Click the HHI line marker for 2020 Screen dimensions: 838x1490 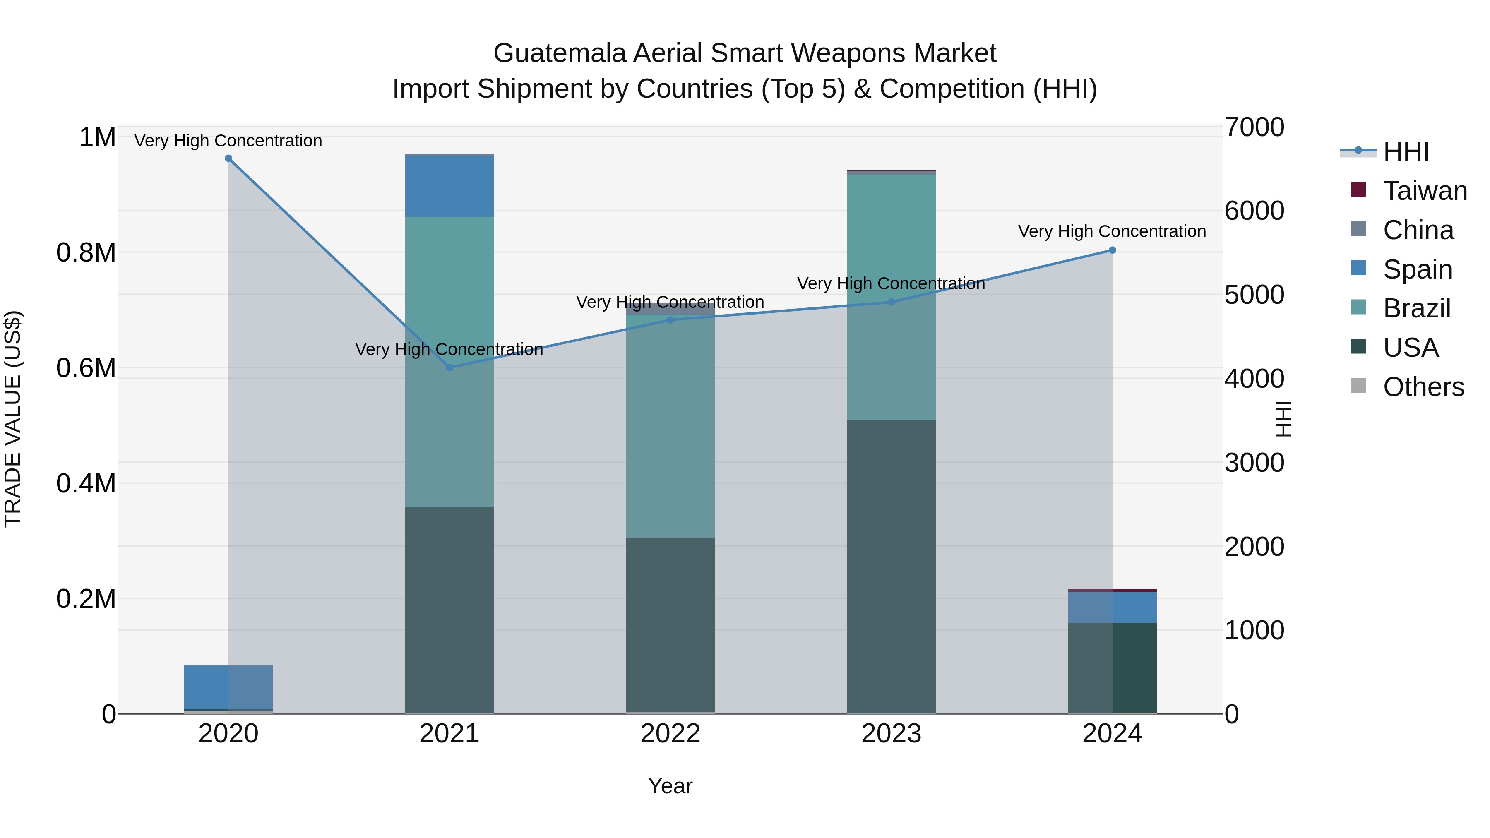click(228, 158)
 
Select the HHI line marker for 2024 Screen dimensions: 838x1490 click(1112, 250)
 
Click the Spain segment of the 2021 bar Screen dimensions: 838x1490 click(449, 186)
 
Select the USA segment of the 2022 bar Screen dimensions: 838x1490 click(670, 624)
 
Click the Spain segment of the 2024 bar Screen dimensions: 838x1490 click(1112, 607)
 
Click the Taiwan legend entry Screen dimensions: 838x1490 click(1425, 190)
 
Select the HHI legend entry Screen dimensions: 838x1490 click(1406, 151)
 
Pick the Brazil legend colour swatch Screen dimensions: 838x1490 click(1358, 307)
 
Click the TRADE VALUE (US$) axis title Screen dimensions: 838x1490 click(13, 419)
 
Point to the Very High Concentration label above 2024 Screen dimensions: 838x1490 click(1112, 231)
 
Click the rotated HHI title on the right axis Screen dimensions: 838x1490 click(1283, 419)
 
